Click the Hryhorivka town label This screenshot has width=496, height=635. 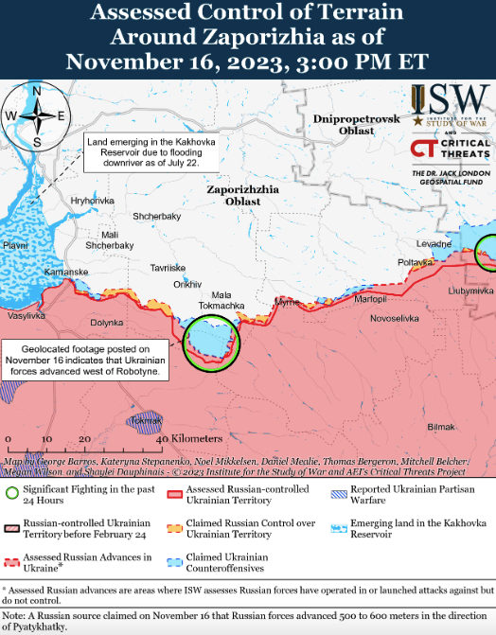[92, 201]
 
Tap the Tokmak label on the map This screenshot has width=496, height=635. [148, 419]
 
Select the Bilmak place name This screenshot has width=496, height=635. [441, 428]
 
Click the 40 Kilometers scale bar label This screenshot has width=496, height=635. [190, 440]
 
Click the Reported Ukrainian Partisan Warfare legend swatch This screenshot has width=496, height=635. [338, 493]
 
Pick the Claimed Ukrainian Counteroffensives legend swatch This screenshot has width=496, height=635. [174, 562]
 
